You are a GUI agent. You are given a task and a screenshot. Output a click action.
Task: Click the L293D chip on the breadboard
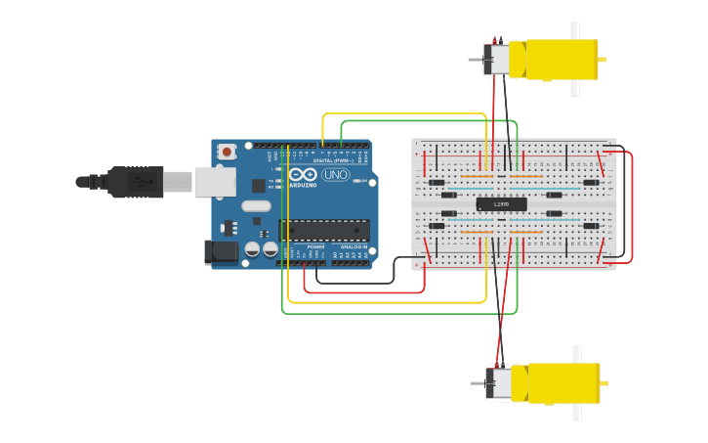tap(501, 204)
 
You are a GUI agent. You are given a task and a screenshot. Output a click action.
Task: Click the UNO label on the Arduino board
tap(335, 174)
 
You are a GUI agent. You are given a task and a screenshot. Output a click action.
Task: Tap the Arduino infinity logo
tap(303, 174)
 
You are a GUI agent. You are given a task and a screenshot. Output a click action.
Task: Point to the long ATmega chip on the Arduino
tap(324, 231)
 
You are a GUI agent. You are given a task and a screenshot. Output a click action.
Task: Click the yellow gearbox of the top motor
tap(561, 60)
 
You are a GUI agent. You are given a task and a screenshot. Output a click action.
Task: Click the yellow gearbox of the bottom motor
tap(562, 383)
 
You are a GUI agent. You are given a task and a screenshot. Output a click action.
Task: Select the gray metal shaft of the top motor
tap(476, 60)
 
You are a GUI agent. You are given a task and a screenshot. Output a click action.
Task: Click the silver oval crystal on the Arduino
tap(256, 206)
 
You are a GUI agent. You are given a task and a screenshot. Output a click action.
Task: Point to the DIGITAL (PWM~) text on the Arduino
tap(333, 160)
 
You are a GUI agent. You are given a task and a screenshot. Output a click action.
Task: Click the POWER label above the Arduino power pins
tap(315, 247)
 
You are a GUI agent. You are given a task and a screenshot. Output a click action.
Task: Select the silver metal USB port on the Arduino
tap(215, 181)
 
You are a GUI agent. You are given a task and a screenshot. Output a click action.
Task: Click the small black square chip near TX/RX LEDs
tap(259, 185)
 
